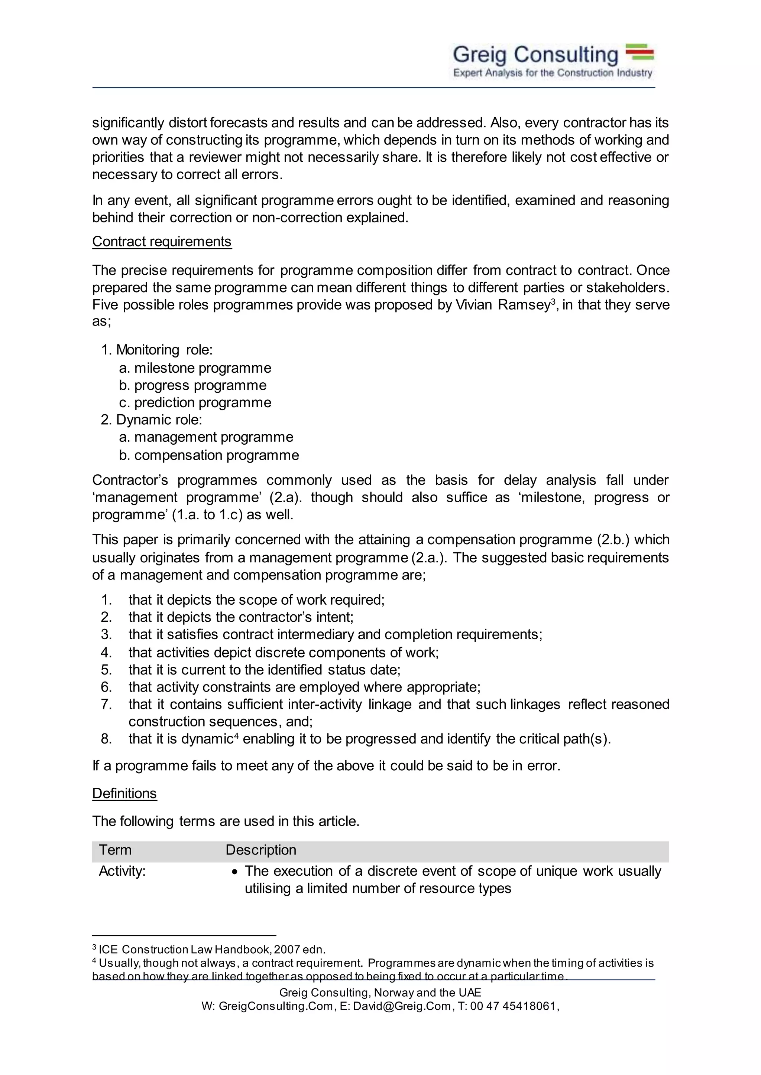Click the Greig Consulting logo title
pyautogui.click(x=535, y=55)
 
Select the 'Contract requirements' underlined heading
pyautogui.click(x=162, y=242)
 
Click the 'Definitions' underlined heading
pyautogui.click(x=124, y=794)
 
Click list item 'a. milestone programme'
pyautogui.click(x=195, y=368)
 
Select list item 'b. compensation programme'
pyautogui.click(x=209, y=455)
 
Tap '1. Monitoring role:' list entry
pyautogui.click(x=157, y=350)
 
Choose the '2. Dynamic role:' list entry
pyautogui.click(x=151, y=419)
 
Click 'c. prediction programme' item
pyautogui.click(x=195, y=403)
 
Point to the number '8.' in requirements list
pyautogui.click(x=106, y=739)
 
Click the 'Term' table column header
pyautogui.click(x=115, y=850)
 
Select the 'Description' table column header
pyautogui.click(x=261, y=850)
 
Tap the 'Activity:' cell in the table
pyautogui.click(x=122, y=871)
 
